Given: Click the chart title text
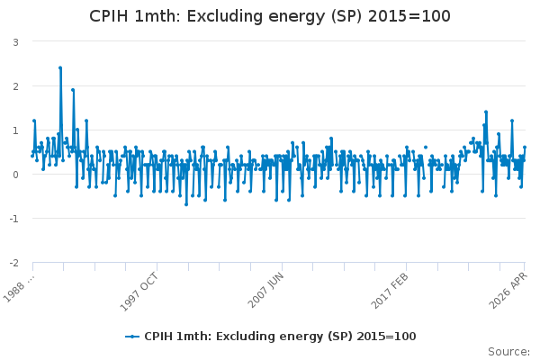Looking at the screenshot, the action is [270, 16].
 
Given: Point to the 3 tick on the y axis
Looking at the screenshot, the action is [15, 42].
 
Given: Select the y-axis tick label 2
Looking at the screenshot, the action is [15, 86].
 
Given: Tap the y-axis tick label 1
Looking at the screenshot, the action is [15, 130].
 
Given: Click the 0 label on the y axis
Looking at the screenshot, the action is [15, 175].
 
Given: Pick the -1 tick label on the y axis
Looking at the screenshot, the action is [13, 219].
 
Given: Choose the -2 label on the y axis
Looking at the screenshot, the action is [13, 263].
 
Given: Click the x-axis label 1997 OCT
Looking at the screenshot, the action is [139, 292].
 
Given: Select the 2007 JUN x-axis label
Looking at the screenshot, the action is [265, 290].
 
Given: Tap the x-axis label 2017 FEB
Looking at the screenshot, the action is [390, 291].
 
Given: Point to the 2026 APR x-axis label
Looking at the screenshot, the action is [508, 290].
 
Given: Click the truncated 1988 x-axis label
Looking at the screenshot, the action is [19, 288].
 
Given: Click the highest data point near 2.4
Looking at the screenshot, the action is [60, 67].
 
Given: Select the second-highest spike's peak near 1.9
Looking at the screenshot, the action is [73, 90].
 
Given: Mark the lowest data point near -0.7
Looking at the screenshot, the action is [186, 204].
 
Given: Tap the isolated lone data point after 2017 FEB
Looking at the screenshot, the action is [426, 147].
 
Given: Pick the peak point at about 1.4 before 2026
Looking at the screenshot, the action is [486, 112].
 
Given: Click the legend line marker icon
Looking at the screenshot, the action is [132, 337].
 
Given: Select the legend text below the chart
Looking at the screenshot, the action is [280, 337].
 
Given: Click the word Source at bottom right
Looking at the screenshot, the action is [508, 352].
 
